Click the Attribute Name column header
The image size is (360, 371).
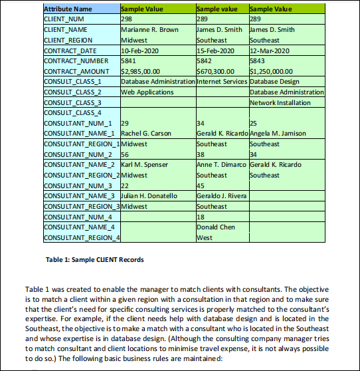(68, 9)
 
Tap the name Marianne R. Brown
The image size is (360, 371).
(149, 30)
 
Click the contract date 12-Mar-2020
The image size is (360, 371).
(271, 51)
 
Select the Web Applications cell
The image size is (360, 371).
(147, 92)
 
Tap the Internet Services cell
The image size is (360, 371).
(222, 81)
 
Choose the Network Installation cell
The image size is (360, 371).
(280, 102)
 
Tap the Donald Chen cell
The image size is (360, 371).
(217, 227)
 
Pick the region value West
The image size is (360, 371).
(204, 237)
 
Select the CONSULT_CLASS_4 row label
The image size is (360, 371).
(72, 112)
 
